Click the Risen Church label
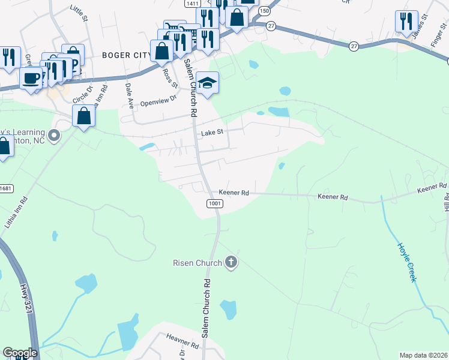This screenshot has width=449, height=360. point(197,262)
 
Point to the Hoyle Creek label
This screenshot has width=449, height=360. point(406,262)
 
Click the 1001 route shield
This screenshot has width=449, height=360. point(215,204)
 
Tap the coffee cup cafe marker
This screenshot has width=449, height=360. point(31,77)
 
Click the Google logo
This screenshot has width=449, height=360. point(20,353)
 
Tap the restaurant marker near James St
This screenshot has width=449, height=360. point(406,22)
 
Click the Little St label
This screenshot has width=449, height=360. point(79,12)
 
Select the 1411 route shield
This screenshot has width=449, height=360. point(192,4)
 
